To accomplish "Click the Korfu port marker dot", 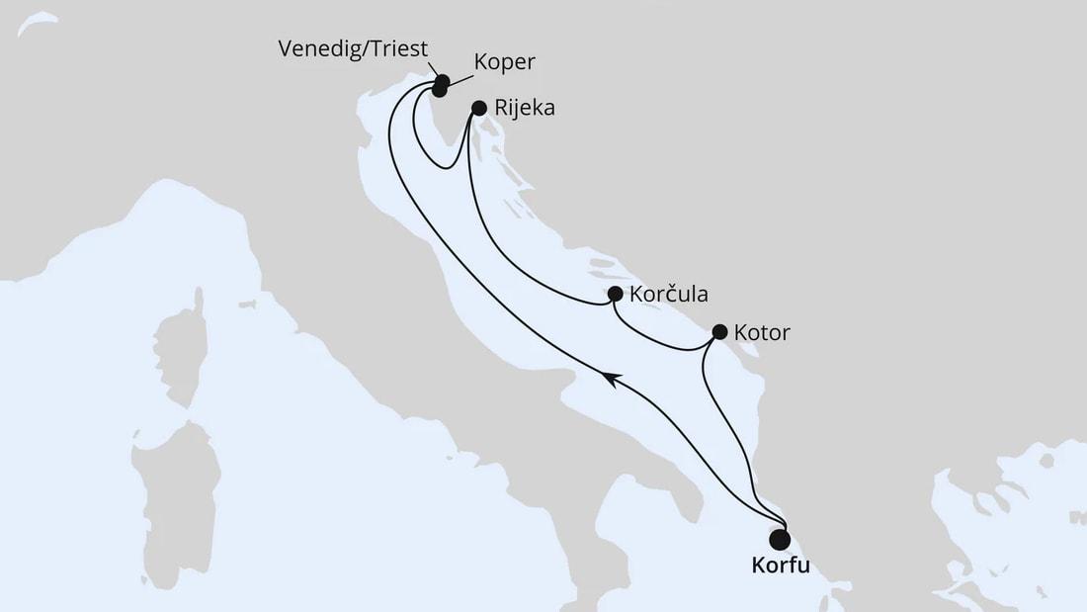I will tap(780, 539).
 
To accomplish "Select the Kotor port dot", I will tap(719, 331).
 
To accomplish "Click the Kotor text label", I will tap(764, 333).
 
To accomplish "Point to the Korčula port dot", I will tap(615, 294).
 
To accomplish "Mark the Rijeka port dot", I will tap(479, 107).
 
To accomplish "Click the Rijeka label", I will tap(527, 109).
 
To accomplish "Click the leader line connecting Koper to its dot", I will tap(462, 74).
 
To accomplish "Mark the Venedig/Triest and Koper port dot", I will tap(440, 85).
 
